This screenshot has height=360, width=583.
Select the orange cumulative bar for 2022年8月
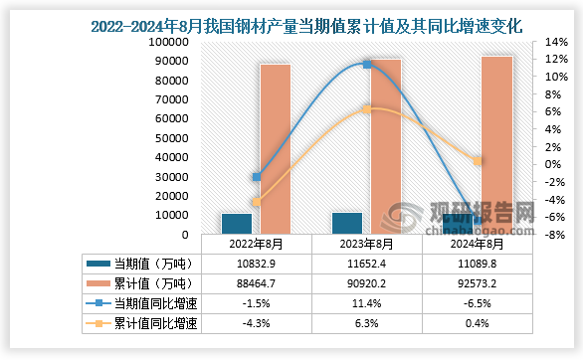tap(276, 149)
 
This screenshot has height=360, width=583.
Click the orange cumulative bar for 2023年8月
tap(386, 146)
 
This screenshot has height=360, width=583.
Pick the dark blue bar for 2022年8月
tap(237, 224)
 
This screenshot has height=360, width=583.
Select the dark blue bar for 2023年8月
tap(347, 223)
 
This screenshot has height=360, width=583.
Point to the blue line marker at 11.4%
tap(367, 65)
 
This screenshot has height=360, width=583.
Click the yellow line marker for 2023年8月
tap(367, 109)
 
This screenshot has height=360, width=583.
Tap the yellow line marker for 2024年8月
tap(478, 160)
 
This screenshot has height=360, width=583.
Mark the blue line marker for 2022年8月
tap(257, 177)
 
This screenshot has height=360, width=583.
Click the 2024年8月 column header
tap(477, 244)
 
